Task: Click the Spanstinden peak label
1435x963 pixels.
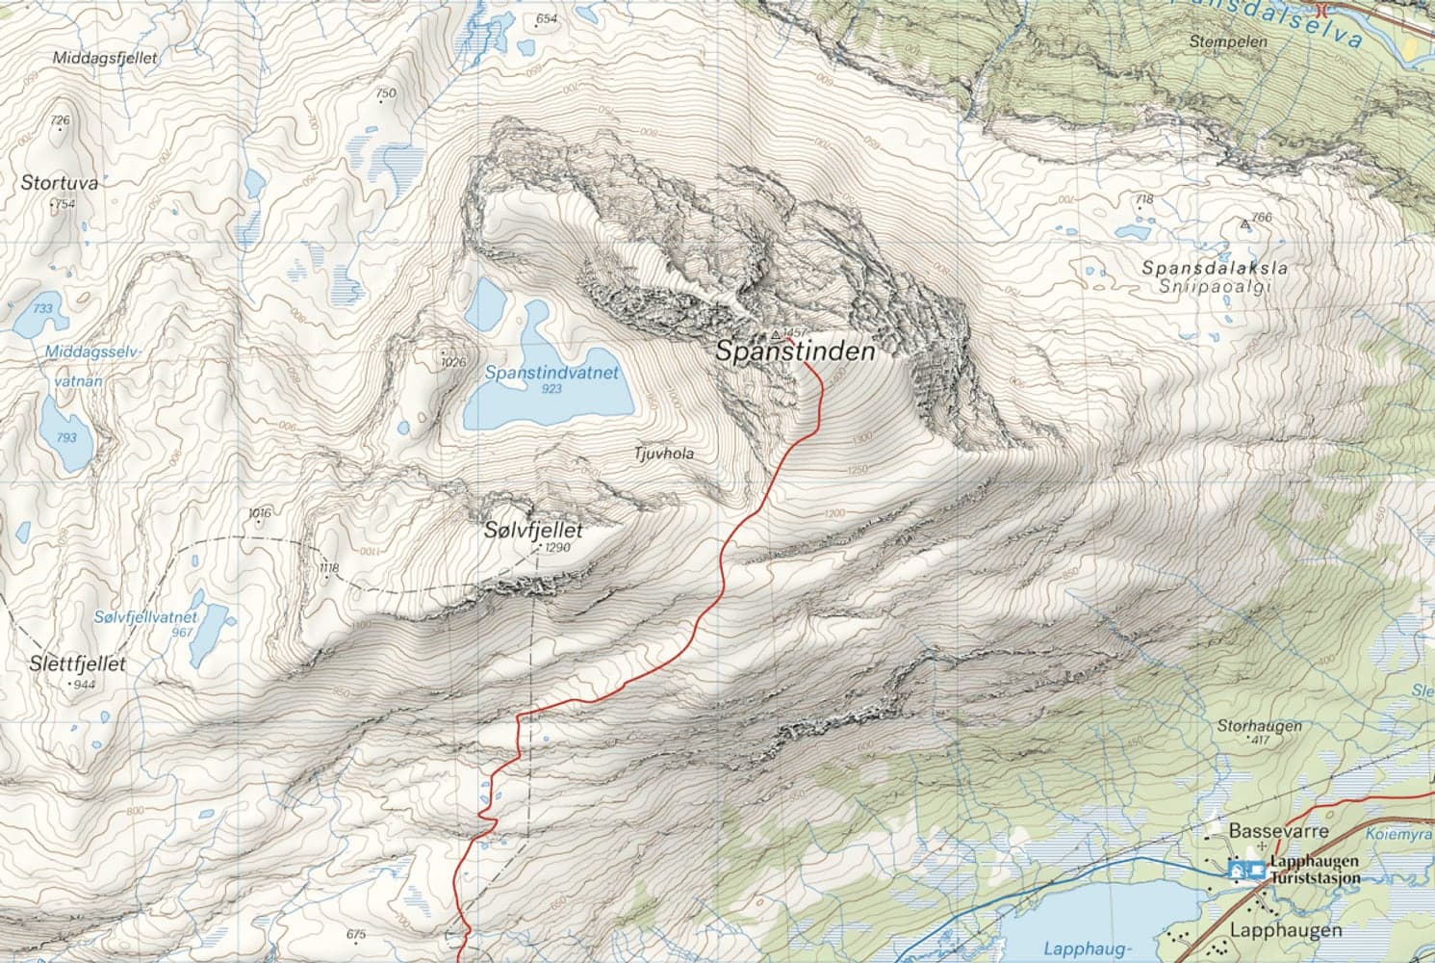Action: (795, 352)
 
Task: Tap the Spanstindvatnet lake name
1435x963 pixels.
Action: (551, 372)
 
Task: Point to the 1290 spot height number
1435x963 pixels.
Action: (558, 547)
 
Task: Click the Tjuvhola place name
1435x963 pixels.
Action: (664, 453)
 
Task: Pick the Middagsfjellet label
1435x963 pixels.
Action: (106, 58)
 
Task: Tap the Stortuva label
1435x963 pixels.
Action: (60, 182)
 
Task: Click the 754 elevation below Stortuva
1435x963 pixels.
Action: (64, 204)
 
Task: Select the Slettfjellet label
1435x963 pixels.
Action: (77, 664)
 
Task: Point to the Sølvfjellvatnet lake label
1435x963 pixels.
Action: (146, 616)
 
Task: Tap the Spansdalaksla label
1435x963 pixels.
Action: (1215, 268)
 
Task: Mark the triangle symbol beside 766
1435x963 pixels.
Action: (1246, 223)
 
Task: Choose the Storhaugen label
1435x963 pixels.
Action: (1259, 725)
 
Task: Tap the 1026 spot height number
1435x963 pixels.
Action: (452, 362)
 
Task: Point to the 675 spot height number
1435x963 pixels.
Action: (355, 934)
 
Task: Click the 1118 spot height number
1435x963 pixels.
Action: (328, 568)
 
